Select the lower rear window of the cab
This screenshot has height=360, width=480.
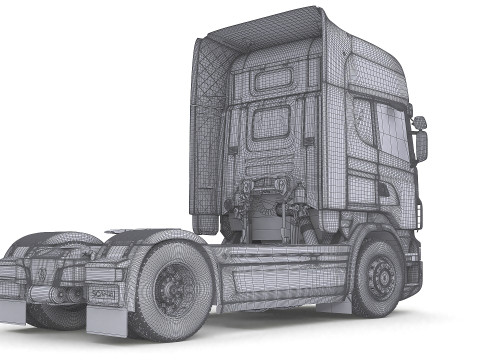(x=270, y=122)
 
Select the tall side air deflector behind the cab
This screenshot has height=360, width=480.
(x=206, y=130)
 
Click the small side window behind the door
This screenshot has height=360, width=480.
(x=362, y=120)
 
